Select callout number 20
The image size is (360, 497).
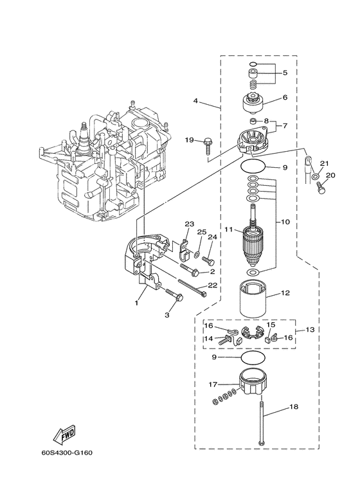pos(330,175)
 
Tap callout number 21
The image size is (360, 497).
pos(325,163)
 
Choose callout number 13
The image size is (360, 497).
pos(310,329)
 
